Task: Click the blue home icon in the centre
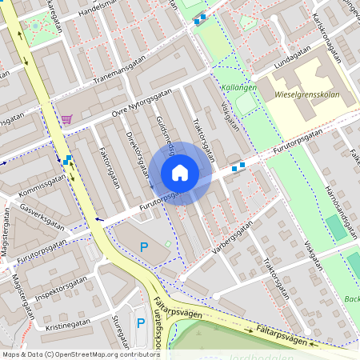(x=180, y=172)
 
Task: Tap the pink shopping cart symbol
(x=66, y=119)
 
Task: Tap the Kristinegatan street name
(x=68, y=326)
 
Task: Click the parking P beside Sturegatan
(x=141, y=323)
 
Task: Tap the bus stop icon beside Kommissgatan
(x=67, y=160)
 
